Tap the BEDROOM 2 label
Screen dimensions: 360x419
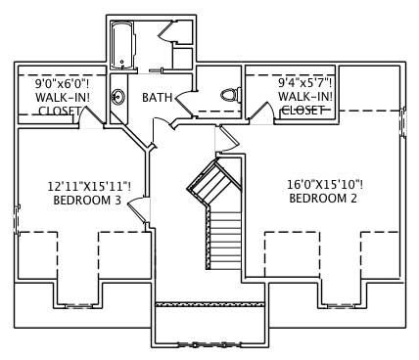point(322,199)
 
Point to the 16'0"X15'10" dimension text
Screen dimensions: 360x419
point(322,183)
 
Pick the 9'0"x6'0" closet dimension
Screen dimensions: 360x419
point(52,83)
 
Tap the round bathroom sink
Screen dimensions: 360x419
point(118,97)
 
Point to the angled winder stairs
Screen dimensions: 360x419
point(210,183)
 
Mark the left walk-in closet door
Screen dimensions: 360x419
point(93,117)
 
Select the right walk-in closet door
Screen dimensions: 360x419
point(260,113)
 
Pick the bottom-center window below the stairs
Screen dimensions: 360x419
point(210,342)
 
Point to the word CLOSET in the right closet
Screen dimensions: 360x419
point(303,110)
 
